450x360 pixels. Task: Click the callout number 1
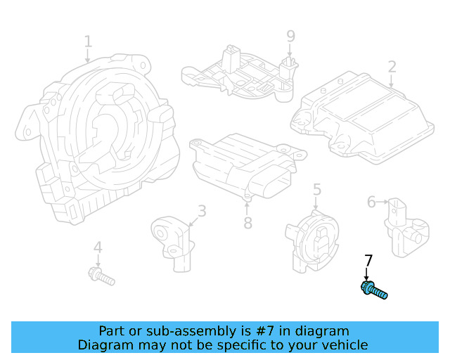[88, 41]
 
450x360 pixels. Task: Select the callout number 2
[392, 67]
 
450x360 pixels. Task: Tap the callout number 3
[201, 210]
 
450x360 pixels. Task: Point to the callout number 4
[98, 247]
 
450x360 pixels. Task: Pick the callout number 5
[317, 189]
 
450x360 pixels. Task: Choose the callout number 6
[371, 202]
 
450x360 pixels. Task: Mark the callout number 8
[247, 224]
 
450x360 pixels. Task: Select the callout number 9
[290, 35]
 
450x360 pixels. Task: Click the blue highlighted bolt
[373, 290]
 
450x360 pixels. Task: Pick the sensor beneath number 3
[174, 239]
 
